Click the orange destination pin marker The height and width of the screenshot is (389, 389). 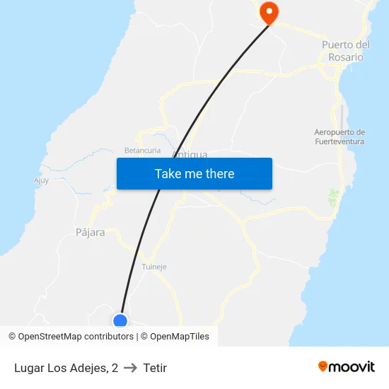[x=269, y=11]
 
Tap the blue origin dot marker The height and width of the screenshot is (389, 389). [x=120, y=321]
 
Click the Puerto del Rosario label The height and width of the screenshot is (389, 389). [x=346, y=51]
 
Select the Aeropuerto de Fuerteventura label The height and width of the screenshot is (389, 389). [x=339, y=137]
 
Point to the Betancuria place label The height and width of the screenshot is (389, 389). [x=143, y=151]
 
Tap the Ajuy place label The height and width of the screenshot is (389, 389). [x=42, y=180]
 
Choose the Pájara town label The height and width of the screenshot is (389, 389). [x=90, y=232]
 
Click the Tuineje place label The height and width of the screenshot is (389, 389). [x=154, y=267]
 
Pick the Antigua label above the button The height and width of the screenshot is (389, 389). [x=190, y=154]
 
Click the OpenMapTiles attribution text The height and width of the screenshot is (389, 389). [x=180, y=337]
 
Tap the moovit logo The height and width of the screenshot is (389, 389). [x=347, y=367]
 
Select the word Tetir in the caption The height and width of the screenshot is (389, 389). [x=155, y=368]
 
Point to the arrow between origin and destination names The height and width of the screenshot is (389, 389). [x=130, y=368]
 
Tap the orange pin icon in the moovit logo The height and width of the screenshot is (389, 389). [x=323, y=366]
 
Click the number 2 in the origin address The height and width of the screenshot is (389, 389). [x=115, y=368]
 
